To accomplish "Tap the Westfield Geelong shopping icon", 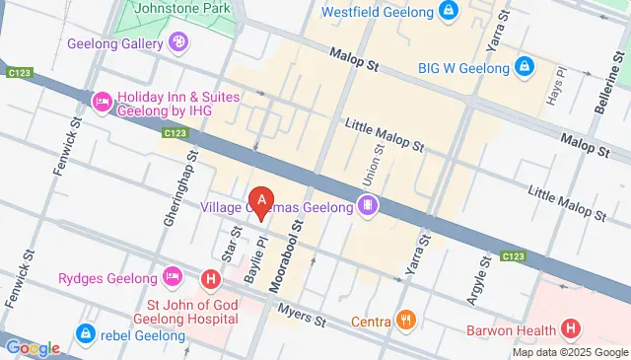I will point(449,13).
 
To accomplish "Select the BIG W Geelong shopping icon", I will point(525,67).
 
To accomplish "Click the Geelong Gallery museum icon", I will point(177,42).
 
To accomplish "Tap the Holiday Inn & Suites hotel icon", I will point(102,102).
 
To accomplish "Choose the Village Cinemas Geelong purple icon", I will point(367,206).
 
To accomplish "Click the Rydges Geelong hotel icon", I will point(173,274).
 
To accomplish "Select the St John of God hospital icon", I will point(210,280).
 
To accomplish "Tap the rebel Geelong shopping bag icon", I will point(87,333).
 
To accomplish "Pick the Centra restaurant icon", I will point(405,320).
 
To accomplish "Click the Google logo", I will point(32,347).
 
